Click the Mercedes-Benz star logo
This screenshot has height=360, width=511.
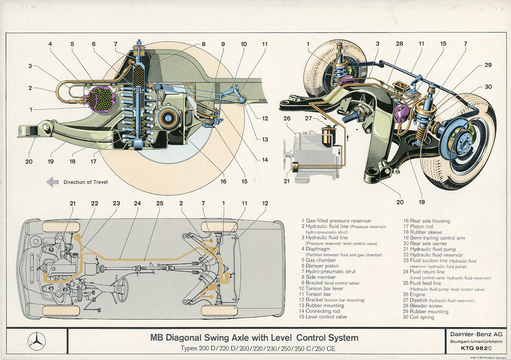coord(37,341)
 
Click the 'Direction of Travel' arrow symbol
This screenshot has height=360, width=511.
coord(53,182)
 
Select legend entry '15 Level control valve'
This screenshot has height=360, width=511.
coord(323,317)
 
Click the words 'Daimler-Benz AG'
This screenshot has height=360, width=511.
coord(476,334)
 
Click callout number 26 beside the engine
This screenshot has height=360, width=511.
coord(287,118)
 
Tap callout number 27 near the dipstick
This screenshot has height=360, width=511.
coord(308,118)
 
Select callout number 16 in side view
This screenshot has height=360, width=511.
coord(223,181)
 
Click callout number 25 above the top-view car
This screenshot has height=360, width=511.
coord(160,203)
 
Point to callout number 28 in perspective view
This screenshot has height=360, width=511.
coord(400,44)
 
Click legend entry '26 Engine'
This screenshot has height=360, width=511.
coord(414,294)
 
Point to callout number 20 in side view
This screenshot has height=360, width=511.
coord(29,161)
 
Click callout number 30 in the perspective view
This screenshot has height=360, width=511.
coord(488,87)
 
